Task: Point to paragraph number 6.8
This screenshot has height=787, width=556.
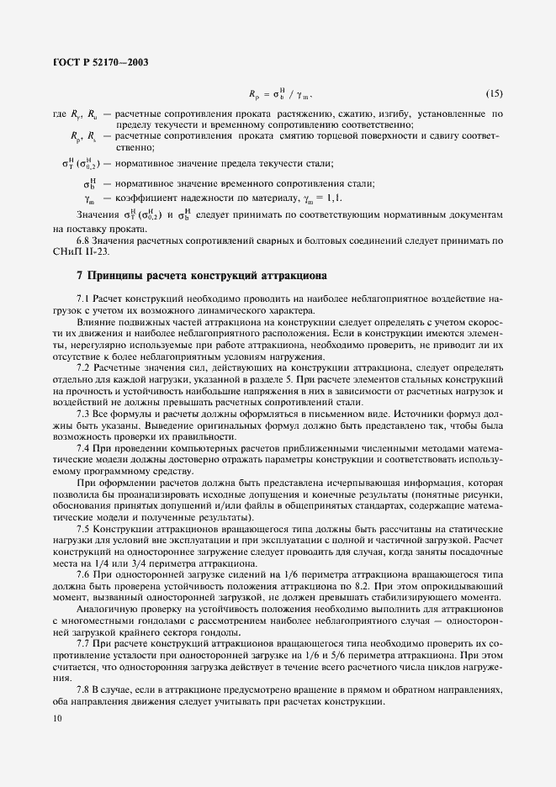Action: click(84, 241)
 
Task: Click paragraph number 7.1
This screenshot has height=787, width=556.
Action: click(84, 298)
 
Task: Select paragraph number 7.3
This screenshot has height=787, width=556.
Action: click(84, 415)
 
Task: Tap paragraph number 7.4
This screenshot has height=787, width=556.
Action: click(84, 450)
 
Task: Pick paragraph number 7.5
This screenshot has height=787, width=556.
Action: click(84, 529)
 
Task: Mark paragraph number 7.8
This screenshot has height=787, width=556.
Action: click(84, 690)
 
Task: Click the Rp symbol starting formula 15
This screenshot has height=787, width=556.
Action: click(255, 92)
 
